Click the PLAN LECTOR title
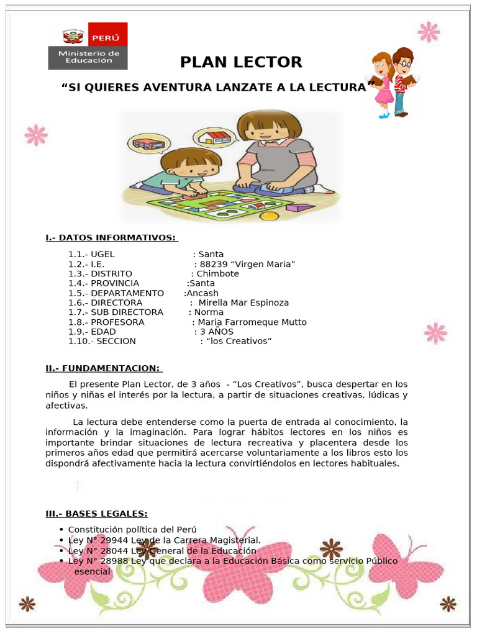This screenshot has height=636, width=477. click(241, 62)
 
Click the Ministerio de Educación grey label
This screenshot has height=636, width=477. click(88, 57)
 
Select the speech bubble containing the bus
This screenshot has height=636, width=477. click(148, 144)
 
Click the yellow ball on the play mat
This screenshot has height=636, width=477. click(268, 217)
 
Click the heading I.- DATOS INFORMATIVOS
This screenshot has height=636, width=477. click(112, 238)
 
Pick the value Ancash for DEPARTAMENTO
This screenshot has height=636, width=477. click(202, 293)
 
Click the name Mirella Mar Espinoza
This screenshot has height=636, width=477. click(243, 303)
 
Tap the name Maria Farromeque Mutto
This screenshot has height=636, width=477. click(252, 322)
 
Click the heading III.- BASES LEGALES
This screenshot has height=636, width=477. click(96, 513)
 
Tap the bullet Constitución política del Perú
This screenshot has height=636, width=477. click(132, 529)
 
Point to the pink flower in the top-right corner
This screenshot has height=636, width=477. click(429, 31)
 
